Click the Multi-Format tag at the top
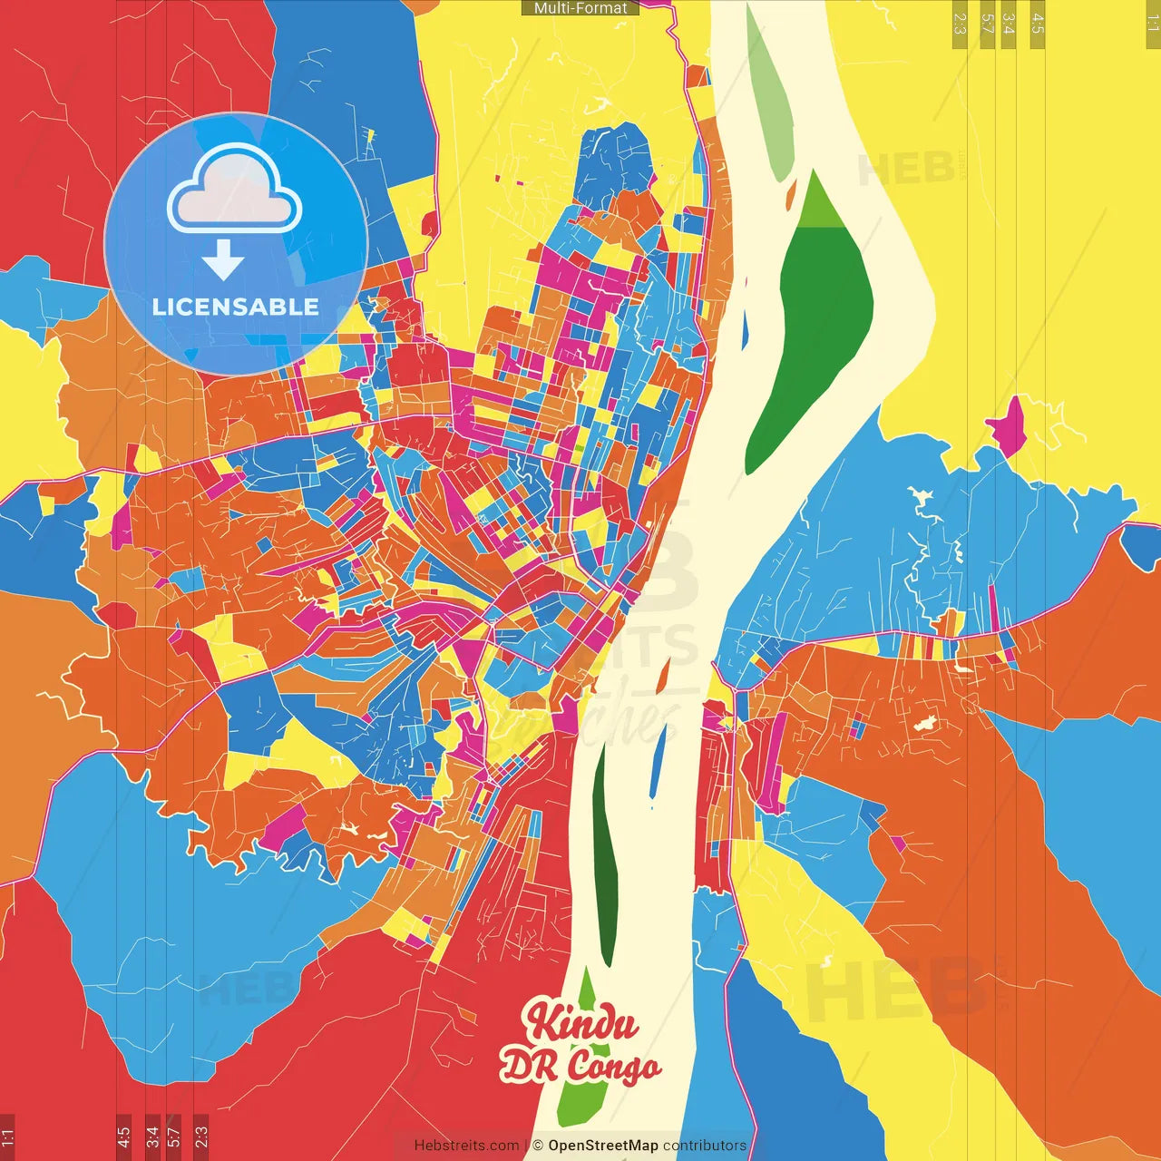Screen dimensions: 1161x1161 tap(580, 8)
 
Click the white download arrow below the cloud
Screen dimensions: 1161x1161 tap(223, 259)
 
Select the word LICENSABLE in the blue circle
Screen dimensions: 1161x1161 tap(236, 307)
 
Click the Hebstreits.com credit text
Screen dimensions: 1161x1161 tap(466, 1146)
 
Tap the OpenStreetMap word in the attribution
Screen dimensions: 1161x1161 tap(602, 1146)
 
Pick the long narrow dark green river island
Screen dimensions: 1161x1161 tap(604, 853)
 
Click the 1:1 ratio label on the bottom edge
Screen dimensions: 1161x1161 tap(7, 1136)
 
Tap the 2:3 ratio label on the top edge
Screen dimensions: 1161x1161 tap(960, 24)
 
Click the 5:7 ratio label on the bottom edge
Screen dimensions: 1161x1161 tap(173, 1136)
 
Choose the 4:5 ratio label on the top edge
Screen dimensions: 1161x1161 tap(1037, 24)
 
